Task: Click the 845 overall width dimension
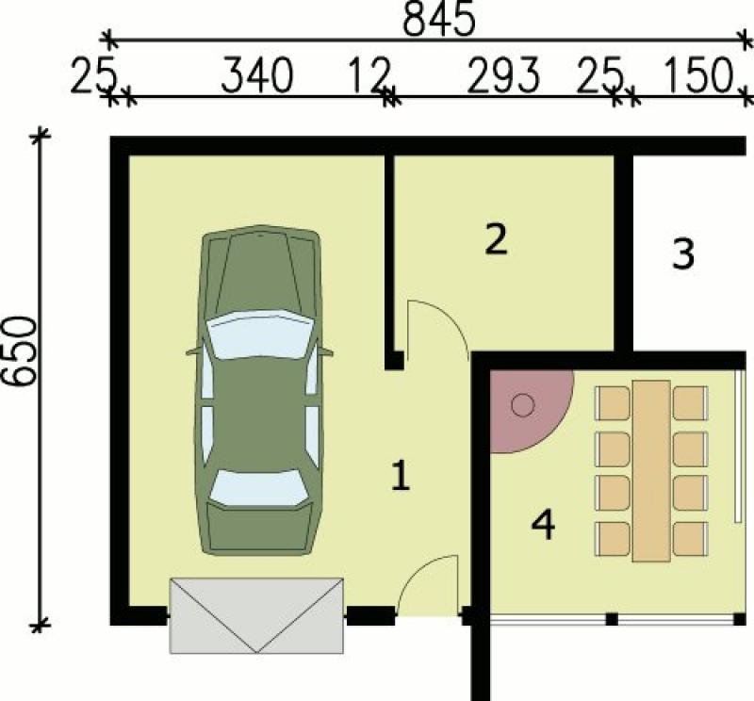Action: tap(438, 19)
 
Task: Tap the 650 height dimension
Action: tap(19, 351)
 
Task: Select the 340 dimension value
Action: tap(257, 75)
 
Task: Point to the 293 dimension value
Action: tap(503, 75)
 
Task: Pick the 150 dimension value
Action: tap(698, 75)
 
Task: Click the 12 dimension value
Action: tap(368, 75)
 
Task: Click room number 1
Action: tap(401, 476)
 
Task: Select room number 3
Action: tap(682, 253)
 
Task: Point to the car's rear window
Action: tap(258, 487)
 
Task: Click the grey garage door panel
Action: tap(256, 615)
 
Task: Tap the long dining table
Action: tap(651, 471)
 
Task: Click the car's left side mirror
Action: tap(193, 352)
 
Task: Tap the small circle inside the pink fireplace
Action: tap(523, 405)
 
